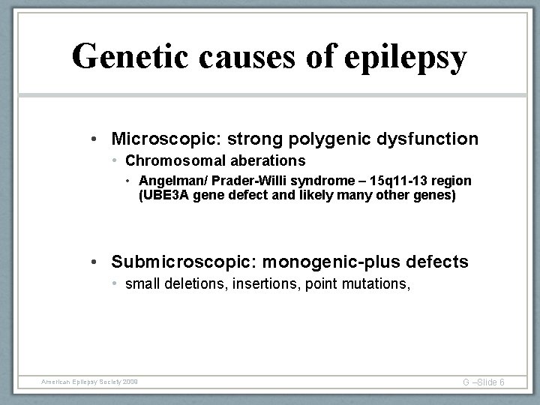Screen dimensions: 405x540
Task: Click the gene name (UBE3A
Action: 163,196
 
